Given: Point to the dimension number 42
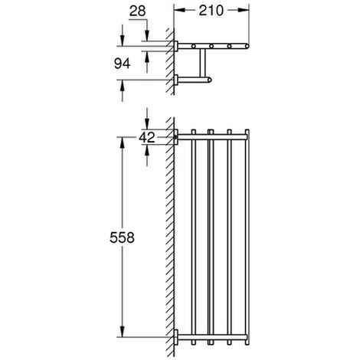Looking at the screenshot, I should (148, 138).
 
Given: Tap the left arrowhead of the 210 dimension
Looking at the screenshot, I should (179, 11).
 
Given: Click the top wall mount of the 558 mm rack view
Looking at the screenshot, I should (177, 138).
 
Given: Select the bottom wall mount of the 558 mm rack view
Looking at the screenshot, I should (177, 338).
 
